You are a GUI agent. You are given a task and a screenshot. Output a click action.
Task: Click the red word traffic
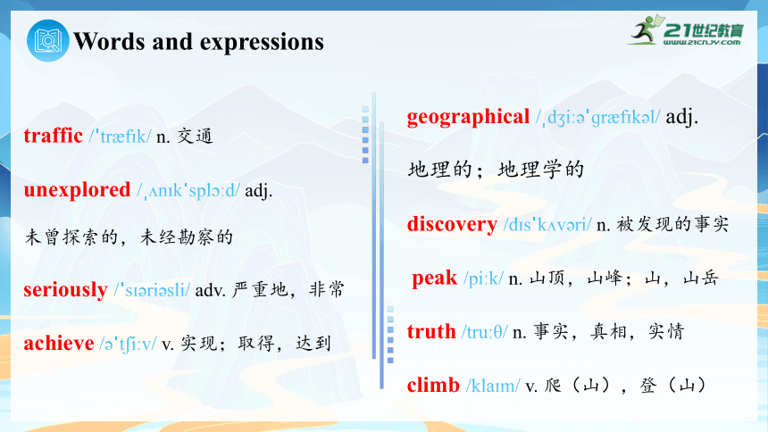(x=53, y=136)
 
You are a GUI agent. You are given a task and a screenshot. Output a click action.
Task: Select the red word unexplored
(x=77, y=190)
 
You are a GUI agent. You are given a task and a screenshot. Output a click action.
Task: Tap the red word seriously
(x=65, y=290)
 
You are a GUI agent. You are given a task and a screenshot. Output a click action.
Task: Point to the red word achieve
(x=59, y=344)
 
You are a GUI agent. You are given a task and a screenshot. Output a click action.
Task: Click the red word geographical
(x=468, y=117)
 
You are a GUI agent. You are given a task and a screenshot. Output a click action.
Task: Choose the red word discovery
(x=452, y=224)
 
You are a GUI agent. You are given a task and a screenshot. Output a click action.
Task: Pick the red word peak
(x=434, y=278)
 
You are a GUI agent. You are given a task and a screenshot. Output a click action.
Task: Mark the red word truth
(x=431, y=332)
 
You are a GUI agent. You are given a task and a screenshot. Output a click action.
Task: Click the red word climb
(x=433, y=385)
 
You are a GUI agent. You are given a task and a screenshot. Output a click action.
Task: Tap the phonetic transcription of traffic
(x=120, y=137)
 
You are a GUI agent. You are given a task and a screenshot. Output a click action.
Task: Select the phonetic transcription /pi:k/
(x=483, y=278)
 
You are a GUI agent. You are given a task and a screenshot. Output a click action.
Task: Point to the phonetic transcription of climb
(x=493, y=386)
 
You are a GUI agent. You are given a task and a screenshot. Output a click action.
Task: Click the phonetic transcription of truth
(x=484, y=332)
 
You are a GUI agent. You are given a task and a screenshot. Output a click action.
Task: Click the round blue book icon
(x=48, y=41)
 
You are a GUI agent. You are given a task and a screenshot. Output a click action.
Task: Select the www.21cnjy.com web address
(x=702, y=42)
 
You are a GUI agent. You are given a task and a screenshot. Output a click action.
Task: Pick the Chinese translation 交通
(x=195, y=137)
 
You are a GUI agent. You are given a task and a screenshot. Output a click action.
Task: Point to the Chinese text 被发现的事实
(x=672, y=224)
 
